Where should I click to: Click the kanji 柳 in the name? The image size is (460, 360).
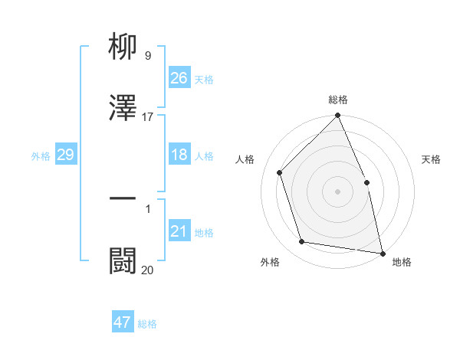pos(123,48)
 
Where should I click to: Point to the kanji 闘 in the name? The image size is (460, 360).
pos(123,260)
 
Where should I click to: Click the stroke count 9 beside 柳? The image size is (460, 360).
pos(148,56)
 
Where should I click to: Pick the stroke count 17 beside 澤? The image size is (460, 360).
pos(148,117)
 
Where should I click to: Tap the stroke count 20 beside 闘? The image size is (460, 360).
pos(148,270)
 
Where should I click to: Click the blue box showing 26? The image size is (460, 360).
pos(179,78)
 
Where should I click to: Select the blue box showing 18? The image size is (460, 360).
pos(179,155)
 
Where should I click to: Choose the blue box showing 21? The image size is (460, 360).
pos(179,231)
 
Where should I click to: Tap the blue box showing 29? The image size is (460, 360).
pos(65,155)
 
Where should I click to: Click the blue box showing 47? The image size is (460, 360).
pos(123,322)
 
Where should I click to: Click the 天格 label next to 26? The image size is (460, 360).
pos(204,79)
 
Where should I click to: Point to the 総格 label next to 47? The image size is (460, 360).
pos(147,323)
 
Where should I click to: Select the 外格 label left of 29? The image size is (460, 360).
pos(41,155)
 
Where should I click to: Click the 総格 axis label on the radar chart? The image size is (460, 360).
pos(338,100)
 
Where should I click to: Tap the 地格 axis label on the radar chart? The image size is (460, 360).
pos(402,262)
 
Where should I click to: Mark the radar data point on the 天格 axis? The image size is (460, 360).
pos(366,182)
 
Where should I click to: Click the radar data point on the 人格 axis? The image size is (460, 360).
pos(280,172)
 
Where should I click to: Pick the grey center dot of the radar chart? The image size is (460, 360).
pos(338,191)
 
